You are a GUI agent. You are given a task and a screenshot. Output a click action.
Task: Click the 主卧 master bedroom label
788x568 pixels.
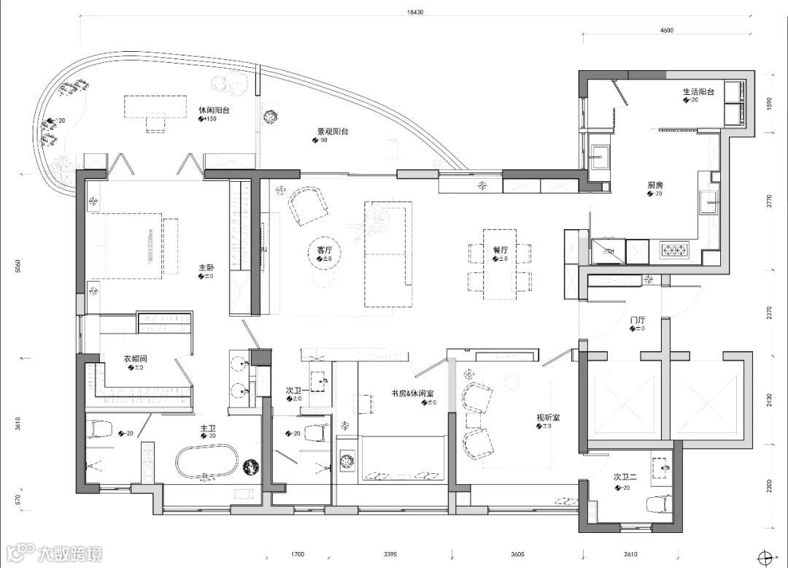[206, 267]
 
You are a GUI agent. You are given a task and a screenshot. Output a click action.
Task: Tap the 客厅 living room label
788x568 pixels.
[325, 250]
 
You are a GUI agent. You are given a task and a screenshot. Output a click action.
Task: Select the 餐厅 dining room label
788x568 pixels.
[500, 250]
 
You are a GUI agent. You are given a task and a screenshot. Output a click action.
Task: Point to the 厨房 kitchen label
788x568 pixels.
[654, 185]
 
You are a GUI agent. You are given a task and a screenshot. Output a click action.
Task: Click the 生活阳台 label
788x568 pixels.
[698, 92]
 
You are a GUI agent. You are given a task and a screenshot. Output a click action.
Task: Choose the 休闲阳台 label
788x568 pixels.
[215, 110]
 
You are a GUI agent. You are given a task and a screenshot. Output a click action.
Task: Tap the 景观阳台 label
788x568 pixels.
[332, 132]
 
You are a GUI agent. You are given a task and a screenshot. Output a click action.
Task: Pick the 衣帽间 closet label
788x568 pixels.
[136, 358]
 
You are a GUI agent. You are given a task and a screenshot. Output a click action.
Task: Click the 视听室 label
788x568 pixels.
[548, 418]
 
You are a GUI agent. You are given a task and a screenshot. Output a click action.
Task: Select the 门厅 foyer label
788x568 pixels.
[638, 320]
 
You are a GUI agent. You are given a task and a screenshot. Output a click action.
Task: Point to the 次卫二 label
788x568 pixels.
[625, 477]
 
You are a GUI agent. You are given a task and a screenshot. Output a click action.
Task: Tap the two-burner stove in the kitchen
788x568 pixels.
[675, 250]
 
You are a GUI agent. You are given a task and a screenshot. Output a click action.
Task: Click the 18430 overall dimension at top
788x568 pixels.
[414, 12]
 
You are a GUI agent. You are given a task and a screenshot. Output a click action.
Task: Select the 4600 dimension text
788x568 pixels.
[665, 31]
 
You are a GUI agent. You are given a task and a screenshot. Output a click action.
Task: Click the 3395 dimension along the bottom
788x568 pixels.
[390, 555]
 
